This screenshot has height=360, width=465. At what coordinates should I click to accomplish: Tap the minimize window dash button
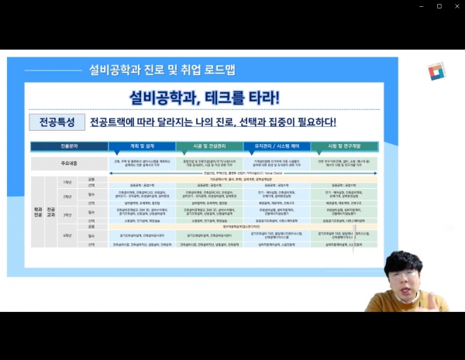coord(419,6)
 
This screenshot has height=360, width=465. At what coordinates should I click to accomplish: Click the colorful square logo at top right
coord(437,71)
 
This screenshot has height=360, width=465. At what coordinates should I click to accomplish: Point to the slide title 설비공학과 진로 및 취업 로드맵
coord(162,70)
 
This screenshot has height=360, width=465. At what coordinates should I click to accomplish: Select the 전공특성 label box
coord(55,122)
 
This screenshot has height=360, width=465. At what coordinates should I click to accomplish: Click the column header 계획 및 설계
coord(142,145)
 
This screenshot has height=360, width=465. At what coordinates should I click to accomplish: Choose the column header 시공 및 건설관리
coord(209,145)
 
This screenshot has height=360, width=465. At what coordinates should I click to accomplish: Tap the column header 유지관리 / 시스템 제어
coord(277,145)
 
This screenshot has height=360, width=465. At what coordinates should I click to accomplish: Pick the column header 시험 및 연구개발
coord(344,145)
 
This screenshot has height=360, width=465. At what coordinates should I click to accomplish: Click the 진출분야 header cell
coord(69,145)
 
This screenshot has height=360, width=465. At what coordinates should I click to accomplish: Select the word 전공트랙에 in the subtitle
coord(110,122)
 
